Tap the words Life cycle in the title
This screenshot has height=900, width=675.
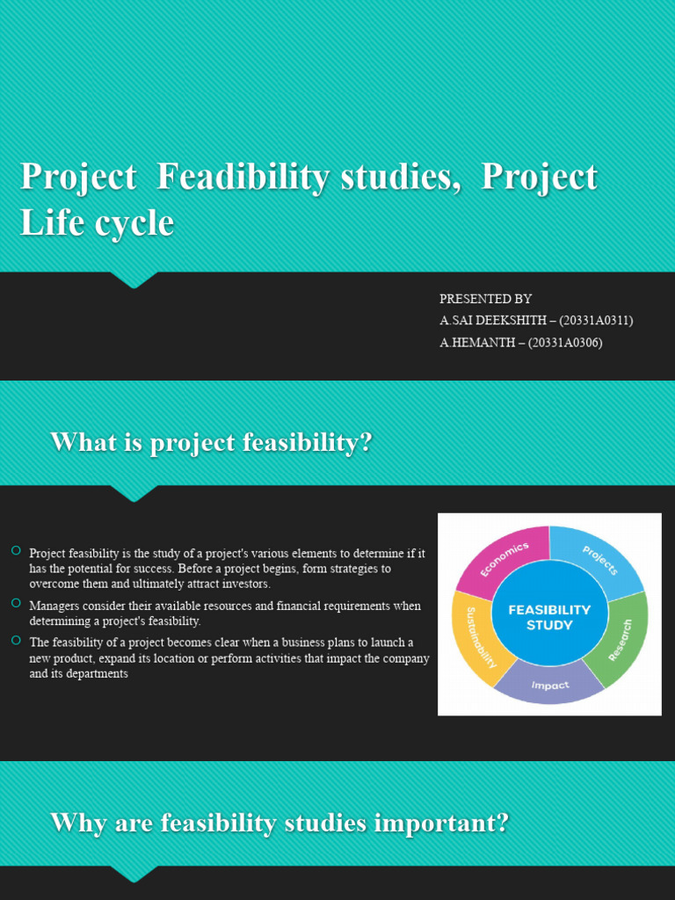coord(97,222)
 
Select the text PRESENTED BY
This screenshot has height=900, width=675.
coord(485,299)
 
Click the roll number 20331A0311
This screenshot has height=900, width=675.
coord(596,320)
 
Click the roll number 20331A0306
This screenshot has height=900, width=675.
coord(565,343)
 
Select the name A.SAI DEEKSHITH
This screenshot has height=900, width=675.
coord(493,320)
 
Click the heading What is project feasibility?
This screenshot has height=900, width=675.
coord(211,443)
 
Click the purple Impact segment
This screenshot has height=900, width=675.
coord(549,684)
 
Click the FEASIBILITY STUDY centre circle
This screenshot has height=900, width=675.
coord(549,618)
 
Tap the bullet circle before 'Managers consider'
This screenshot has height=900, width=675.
coord(16,603)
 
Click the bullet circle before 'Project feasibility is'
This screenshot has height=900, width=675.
coord(16,551)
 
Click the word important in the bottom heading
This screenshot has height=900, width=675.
coord(442,823)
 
